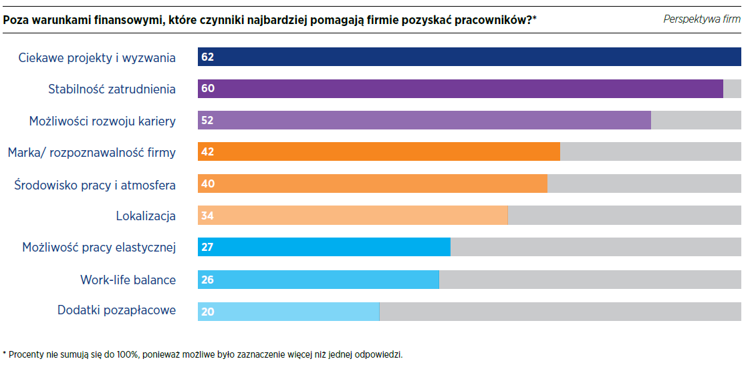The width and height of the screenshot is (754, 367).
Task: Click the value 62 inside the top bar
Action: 207,57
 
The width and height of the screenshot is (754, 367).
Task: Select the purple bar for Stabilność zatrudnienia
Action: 460,89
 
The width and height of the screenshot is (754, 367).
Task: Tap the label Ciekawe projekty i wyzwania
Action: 97,58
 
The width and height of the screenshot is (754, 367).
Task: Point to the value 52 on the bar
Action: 207,121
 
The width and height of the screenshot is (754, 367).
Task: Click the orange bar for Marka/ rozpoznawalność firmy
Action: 378,152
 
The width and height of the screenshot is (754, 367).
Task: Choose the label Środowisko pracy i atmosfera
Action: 95,185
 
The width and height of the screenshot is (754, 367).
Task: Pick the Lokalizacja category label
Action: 146,216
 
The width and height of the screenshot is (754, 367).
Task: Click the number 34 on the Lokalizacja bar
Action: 207,216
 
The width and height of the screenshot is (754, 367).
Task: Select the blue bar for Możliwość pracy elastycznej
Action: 324,247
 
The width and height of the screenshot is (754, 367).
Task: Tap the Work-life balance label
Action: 128,280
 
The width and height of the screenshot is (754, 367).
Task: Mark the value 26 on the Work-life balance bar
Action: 207,280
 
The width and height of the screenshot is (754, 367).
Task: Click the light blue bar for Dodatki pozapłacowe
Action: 288,312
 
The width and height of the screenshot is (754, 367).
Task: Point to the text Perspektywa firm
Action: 702,19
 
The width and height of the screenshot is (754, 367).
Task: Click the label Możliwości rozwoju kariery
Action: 102,121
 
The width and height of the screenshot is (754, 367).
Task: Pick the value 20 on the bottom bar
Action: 207,312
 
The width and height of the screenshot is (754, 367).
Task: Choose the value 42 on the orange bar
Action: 207,152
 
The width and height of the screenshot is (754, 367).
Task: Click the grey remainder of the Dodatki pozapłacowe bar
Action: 560,312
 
